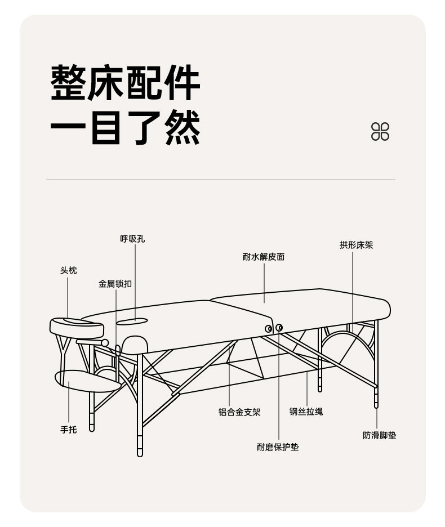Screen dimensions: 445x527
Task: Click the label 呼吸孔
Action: tap(132, 239)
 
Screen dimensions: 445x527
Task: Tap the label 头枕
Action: tap(69, 271)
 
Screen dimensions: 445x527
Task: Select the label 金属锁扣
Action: tap(115, 284)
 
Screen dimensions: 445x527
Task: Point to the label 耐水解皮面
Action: tap(264, 257)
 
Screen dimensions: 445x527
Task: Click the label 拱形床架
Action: tap(356, 245)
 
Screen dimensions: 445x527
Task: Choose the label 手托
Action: tap(69, 430)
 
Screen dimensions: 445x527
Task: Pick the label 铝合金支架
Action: tap(239, 412)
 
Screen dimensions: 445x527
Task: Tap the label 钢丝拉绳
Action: tap(306, 412)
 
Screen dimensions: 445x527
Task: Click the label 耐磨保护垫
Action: tap(278, 447)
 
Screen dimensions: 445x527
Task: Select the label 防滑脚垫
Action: tap(380, 435)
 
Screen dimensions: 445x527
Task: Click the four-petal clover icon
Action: tap(380, 131)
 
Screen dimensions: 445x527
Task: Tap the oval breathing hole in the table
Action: tap(132, 321)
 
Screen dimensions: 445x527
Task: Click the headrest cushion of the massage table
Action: tap(77, 326)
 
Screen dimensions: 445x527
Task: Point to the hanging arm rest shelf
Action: tap(87, 381)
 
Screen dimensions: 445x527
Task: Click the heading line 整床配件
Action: tap(126, 83)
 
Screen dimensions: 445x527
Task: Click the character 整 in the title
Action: tap(69, 83)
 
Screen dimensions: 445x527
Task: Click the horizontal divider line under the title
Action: tap(221, 180)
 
